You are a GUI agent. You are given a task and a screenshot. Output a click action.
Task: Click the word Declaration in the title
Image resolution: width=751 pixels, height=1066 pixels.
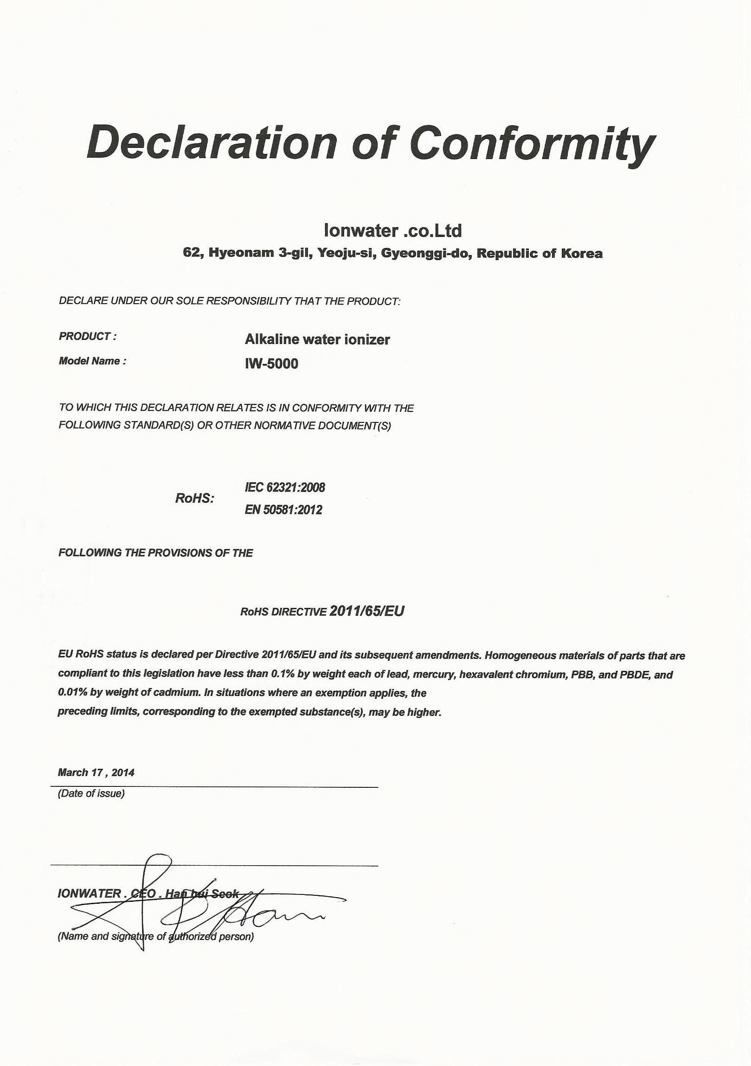(x=212, y=141)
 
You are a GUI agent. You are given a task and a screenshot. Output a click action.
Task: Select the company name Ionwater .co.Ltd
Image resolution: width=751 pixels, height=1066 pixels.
(x=392, y=230)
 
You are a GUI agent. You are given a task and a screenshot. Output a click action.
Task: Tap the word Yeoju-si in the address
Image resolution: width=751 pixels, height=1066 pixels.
(x=346, y=254)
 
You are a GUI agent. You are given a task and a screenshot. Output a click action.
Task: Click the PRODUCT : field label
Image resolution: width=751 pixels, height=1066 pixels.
(x=87, y=336)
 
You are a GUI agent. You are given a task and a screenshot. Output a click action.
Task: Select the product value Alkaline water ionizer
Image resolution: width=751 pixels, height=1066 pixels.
(x=317, y=339)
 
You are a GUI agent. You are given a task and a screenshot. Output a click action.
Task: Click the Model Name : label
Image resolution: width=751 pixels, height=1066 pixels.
(x=92, y=361)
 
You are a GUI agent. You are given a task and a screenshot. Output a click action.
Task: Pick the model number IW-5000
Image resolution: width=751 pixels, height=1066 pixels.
(x=271, y=364)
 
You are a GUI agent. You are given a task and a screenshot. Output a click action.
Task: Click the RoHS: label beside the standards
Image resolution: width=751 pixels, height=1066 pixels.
(x=195, y=498)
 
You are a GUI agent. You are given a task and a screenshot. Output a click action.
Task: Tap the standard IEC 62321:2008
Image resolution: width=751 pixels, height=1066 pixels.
(x=285, y=487)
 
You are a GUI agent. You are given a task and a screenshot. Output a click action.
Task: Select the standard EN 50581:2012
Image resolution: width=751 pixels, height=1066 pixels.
(x=283, y=510)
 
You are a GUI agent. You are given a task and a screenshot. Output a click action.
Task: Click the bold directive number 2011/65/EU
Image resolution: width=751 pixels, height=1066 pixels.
(x=366, y=611)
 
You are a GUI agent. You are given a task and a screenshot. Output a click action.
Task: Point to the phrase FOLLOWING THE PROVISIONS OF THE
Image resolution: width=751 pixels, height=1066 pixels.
(x=155, y=553)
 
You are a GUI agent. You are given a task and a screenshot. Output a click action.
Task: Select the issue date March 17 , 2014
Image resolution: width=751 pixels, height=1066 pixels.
(x=96, y=772)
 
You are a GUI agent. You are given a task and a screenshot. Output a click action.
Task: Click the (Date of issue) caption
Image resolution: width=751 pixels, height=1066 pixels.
(x=91, y=793)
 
